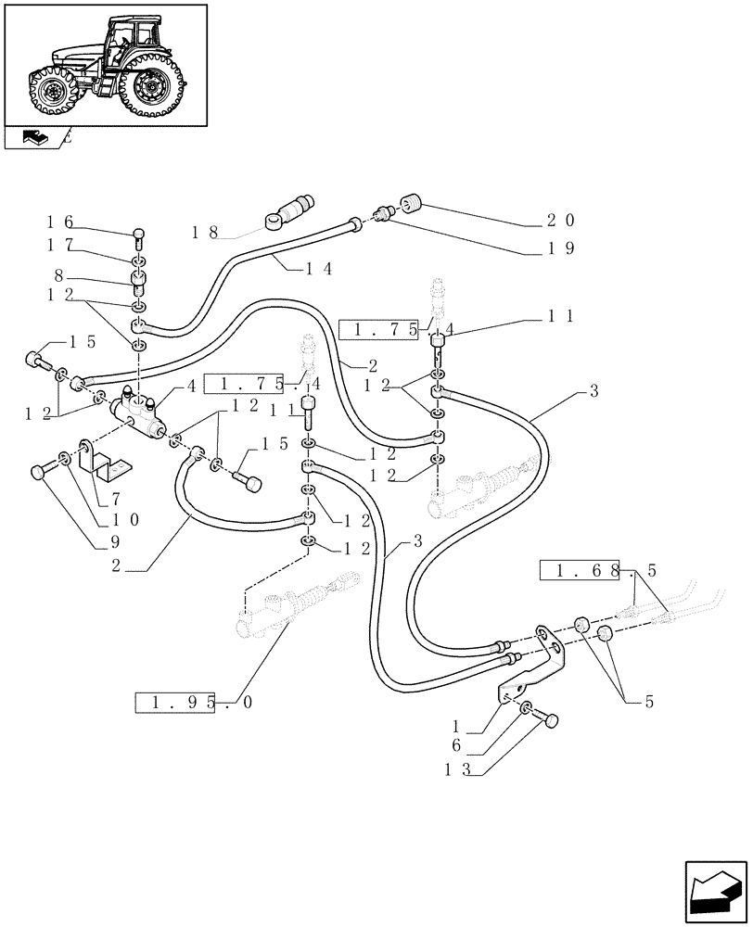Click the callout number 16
tap(60, 222)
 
